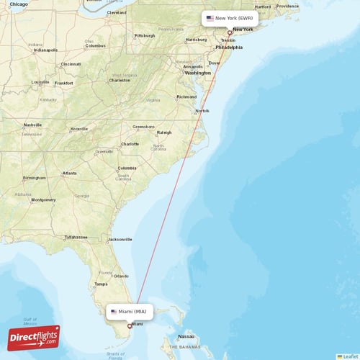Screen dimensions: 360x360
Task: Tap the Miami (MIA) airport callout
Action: pyautogui.click(x=131, y=312)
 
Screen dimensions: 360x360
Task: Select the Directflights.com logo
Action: pyautogui.click(x=34, y=337)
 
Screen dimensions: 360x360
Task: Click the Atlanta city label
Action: pyautogui.click(x=69, y=174)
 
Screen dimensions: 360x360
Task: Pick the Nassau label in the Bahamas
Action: pyautogui.click(x=186, y=336)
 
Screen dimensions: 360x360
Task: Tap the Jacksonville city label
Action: pyautogui.click(x=119, y=239)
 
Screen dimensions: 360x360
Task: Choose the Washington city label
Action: pyautogui.click(x=198, y=73)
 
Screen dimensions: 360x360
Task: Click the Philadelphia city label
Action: pyautogui.click(x=228, y=48)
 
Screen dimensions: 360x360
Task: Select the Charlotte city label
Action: pyautogui.click(x=130, y=144)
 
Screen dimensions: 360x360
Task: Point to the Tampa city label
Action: pyautogui.click(x=101, y=284)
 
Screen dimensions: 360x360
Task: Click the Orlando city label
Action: pyautogui.click(x=120, y=276)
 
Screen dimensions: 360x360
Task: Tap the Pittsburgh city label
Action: pyautogui.click(x=144, y=35)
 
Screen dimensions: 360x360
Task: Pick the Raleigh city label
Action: pyautogui.click(x=164, y=132)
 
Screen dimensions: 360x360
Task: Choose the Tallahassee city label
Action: pyautogui.click(x=76, y=237)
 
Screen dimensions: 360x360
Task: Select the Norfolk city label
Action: pyautogui.click(x=202, y=110)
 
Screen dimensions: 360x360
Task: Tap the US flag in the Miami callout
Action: pyautogui.click(x=114, y=312)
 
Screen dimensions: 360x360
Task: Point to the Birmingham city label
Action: pyautogui.click(x=34, y=178)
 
